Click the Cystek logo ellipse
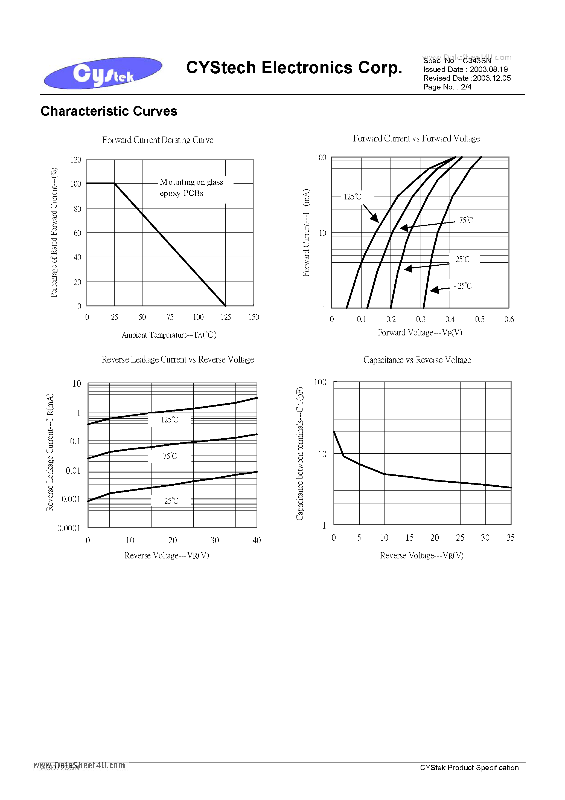(x=103, y=73)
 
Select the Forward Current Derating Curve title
(x=158, y=140)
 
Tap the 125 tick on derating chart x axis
(x=225, y=317)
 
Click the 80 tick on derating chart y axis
(x=77, y=209)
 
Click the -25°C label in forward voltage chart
(x=463, y=286)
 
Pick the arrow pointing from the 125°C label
(x=371, y=213)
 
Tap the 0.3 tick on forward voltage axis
(x=420, y=320)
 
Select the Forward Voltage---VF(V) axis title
(x=420, y=333)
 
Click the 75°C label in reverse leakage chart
(x=170, y=456)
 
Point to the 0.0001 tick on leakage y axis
(x=69, y=528)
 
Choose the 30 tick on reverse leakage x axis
(x=215, y=540)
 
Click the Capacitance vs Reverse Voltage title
(x=417, y=360)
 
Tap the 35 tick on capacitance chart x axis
(x=510, y=538)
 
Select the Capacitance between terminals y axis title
(x=300, y=454)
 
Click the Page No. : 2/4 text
(x=447, y=87)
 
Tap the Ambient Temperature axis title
(x=169, y=335)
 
